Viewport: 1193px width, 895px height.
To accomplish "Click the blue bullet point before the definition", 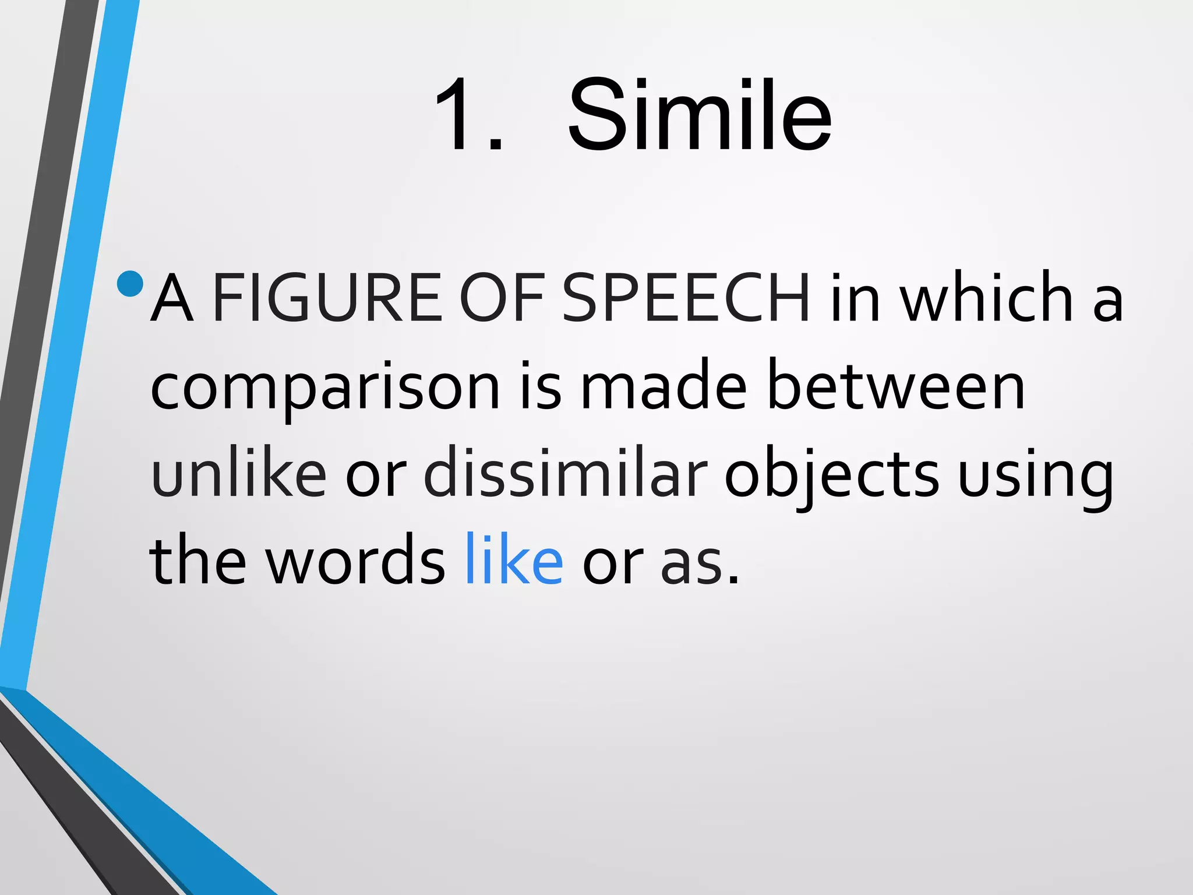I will click(x=130, y=284).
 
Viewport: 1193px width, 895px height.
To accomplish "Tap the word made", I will click(x=663, y=386).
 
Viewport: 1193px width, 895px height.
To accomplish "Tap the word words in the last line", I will click(x=355, y=561).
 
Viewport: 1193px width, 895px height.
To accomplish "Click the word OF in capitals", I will click(x=502, y=298).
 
